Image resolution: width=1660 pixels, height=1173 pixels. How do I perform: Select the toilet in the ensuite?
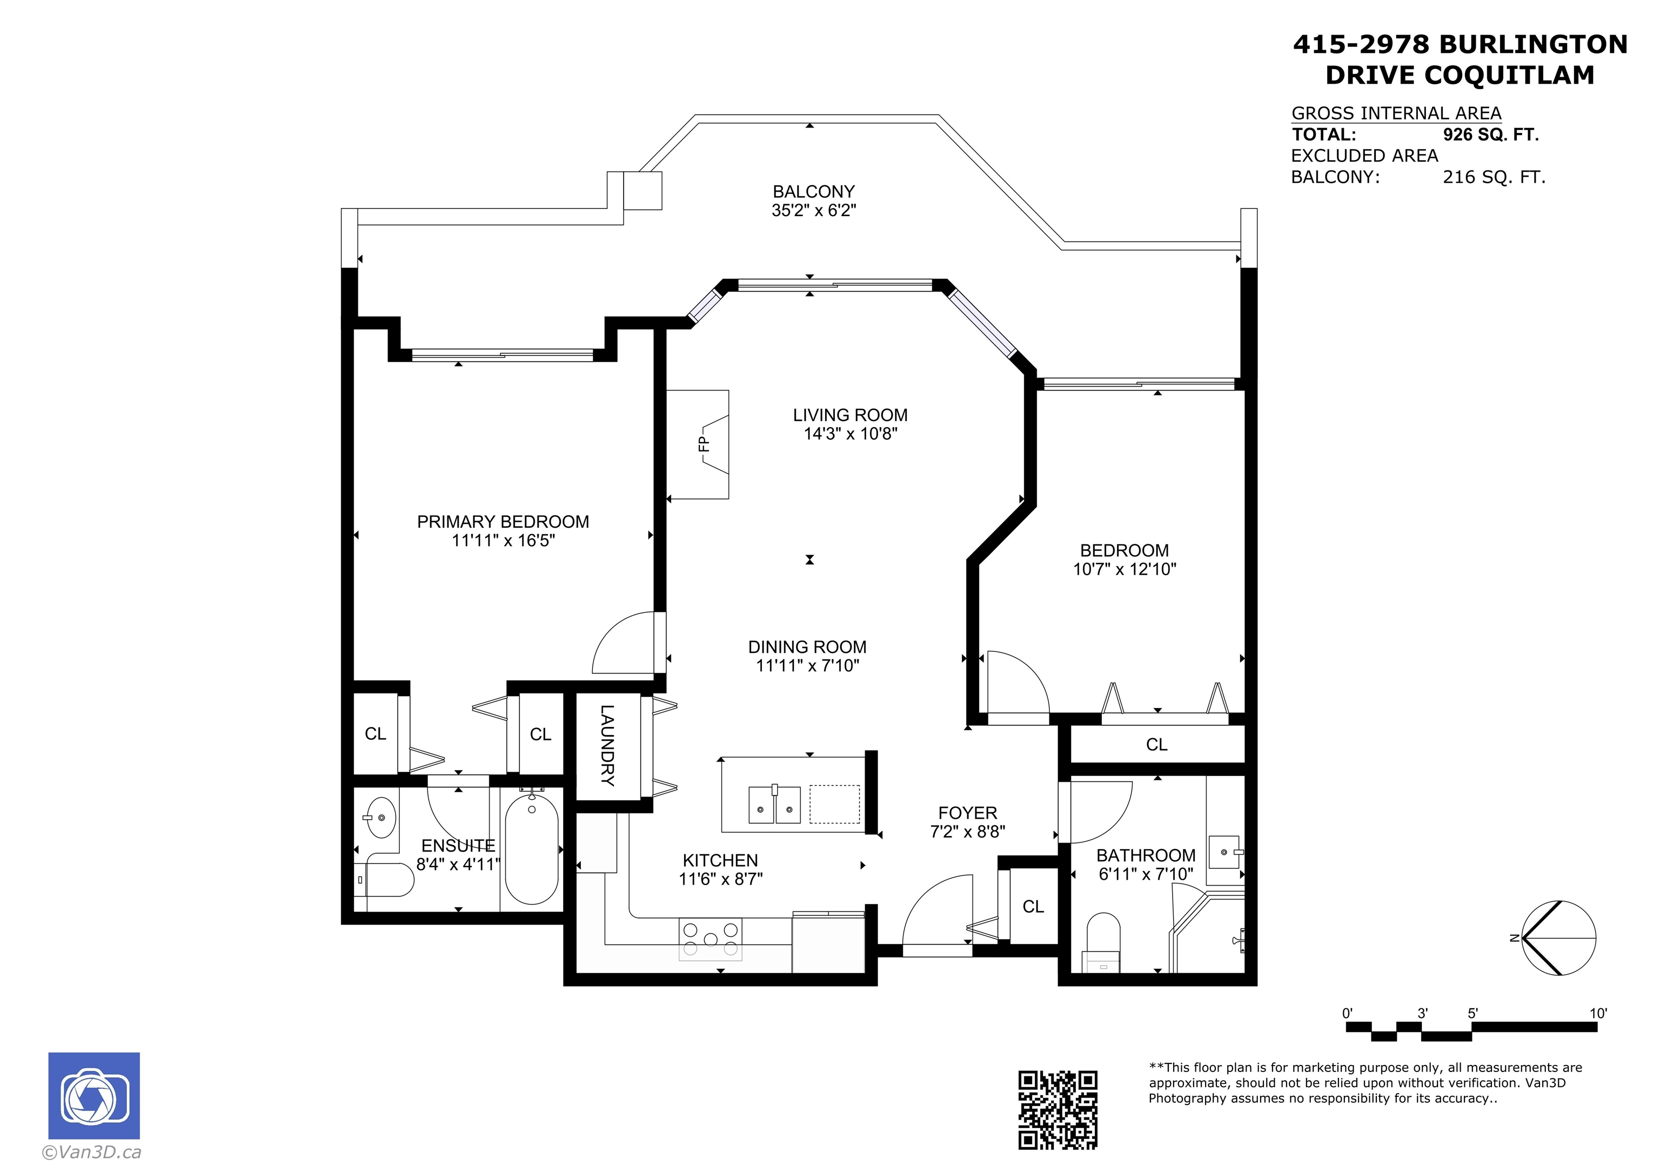point(387,879)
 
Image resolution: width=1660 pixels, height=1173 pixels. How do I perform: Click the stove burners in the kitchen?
point(711,938)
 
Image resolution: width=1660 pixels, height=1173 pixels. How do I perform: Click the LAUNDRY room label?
point(607,746)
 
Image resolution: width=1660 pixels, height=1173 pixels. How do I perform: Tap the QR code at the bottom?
point(1057,1109)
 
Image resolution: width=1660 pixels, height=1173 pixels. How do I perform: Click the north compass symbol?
point(1558,938)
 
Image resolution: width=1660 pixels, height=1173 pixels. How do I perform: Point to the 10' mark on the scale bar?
point(1598,1013)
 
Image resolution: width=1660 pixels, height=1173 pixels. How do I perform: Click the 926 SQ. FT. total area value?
point(1490,134)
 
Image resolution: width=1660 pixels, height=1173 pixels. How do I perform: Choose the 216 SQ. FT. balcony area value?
point(1494,177)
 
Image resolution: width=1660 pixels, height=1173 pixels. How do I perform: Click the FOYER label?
point(967,813)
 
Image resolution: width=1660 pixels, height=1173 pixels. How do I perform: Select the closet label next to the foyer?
point(1033,906)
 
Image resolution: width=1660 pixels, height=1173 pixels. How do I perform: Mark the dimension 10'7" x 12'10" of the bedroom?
point(1124,570)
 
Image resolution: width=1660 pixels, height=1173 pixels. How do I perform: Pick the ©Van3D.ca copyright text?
point(92,1152)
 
